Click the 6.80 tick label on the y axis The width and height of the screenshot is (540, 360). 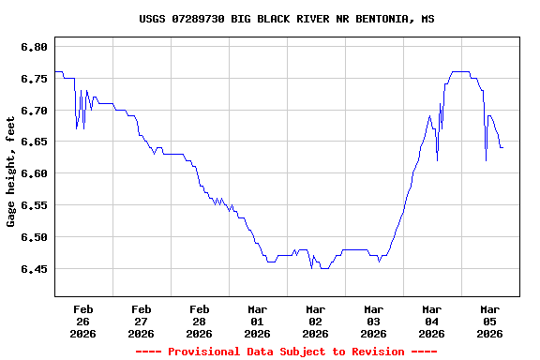point(34,47)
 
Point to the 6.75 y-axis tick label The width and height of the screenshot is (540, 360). point(34,79)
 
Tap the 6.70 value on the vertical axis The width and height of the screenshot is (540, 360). point(34,111)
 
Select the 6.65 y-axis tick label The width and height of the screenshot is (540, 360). point(34,142)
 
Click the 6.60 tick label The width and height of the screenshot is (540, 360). point(34,173)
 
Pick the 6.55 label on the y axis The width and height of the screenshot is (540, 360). point(34,205)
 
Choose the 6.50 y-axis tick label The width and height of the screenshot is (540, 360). point(34,237)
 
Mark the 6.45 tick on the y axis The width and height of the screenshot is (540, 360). point(34,269)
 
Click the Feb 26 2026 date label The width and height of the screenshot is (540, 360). point(82,321)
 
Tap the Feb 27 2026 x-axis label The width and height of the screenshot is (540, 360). point(141,321)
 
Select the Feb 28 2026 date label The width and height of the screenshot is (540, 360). point(199,321)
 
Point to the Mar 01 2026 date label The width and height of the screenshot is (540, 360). point(257,321)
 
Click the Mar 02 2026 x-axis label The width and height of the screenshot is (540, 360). point(315,321)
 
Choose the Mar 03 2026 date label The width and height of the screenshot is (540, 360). point(373,321)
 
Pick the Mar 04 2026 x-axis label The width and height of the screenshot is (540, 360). point(431,321)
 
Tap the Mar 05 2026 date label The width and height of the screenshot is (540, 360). point(489,321)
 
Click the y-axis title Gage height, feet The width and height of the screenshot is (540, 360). point(11,177)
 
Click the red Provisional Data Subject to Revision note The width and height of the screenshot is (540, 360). point(286,352)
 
